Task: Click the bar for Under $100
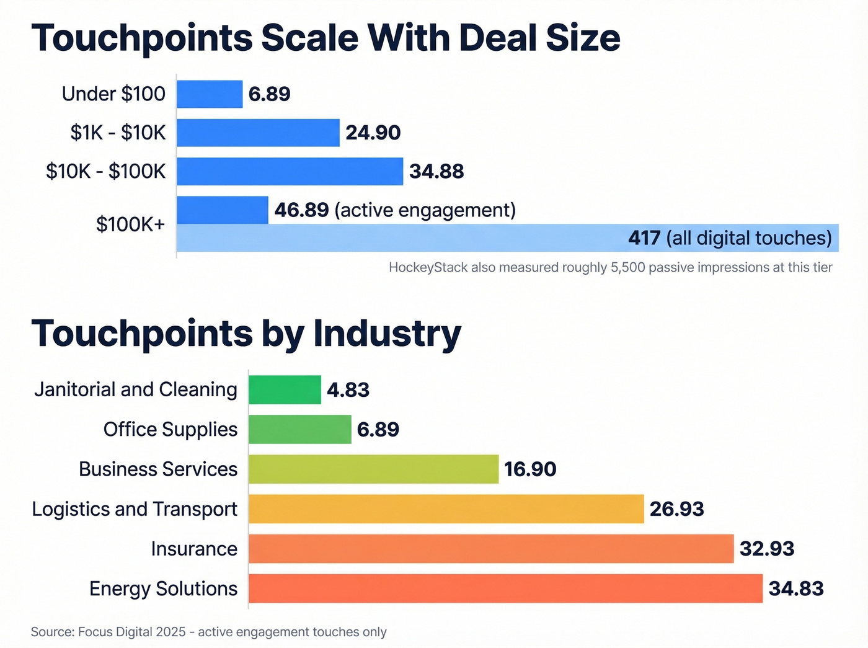point(210,94)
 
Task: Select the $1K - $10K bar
point(258,133)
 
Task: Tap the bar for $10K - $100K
point(290,171)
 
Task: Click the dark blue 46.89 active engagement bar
point(222,210)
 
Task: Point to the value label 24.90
point(373,133)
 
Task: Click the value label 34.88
point(436,171)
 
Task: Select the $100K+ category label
point(131,224)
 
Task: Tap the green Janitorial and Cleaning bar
point(285,390)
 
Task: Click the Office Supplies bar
point(299,430)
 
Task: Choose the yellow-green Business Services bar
point(373,469)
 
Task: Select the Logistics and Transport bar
point(446,509)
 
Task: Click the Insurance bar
point(491,549)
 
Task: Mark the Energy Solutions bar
point(505,588)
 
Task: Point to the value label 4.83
point(348,390)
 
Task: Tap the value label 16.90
point(530,469)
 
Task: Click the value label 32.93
point(767,549)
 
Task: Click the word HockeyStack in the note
point(428,267)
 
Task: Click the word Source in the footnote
point(52,632)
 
